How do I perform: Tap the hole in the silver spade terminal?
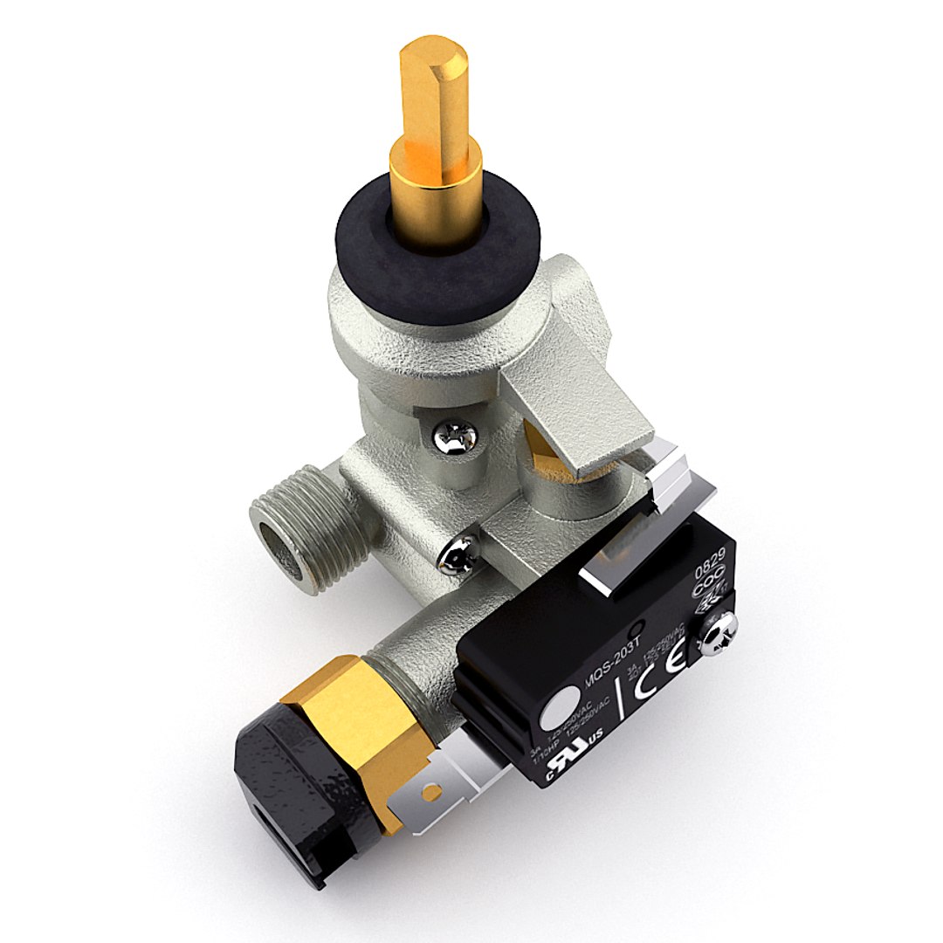click(x=430, y=791)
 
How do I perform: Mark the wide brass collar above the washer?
click(x=435, y=175)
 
